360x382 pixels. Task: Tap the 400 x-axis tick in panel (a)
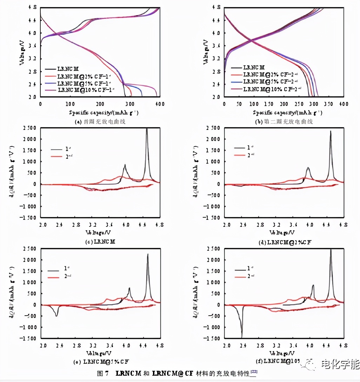click(160, 104)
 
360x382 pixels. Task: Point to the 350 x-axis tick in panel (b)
click(329, 104)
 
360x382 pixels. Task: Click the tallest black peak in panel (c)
click(147, 129)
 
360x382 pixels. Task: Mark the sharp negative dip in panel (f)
click(241, 335)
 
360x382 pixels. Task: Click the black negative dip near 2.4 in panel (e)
click(56, 316)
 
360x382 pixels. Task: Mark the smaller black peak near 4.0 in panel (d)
click(308, 168)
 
